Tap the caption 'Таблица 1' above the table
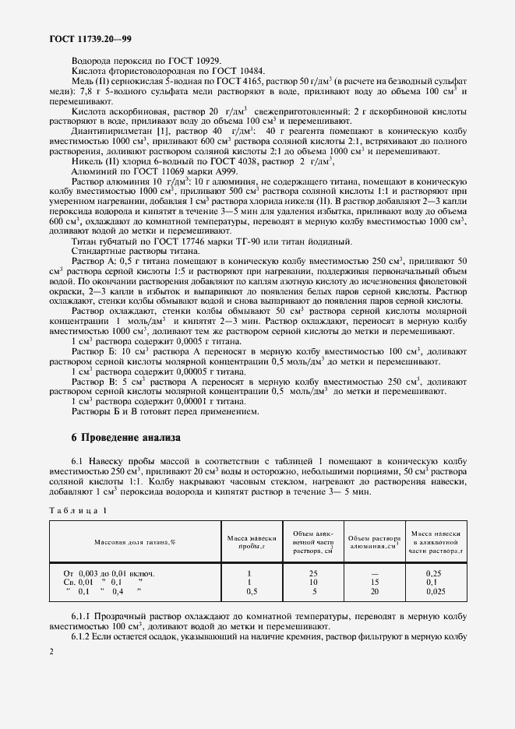(x=78, y=509)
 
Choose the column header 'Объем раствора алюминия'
(x=374, y=542)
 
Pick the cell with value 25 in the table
(x=311, y=573)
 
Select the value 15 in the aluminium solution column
(x=374, y=582)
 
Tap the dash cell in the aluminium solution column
(x=374, y=573)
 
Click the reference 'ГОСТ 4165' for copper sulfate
(x=220, y=80)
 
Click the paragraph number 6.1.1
(x=83, y=617)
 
